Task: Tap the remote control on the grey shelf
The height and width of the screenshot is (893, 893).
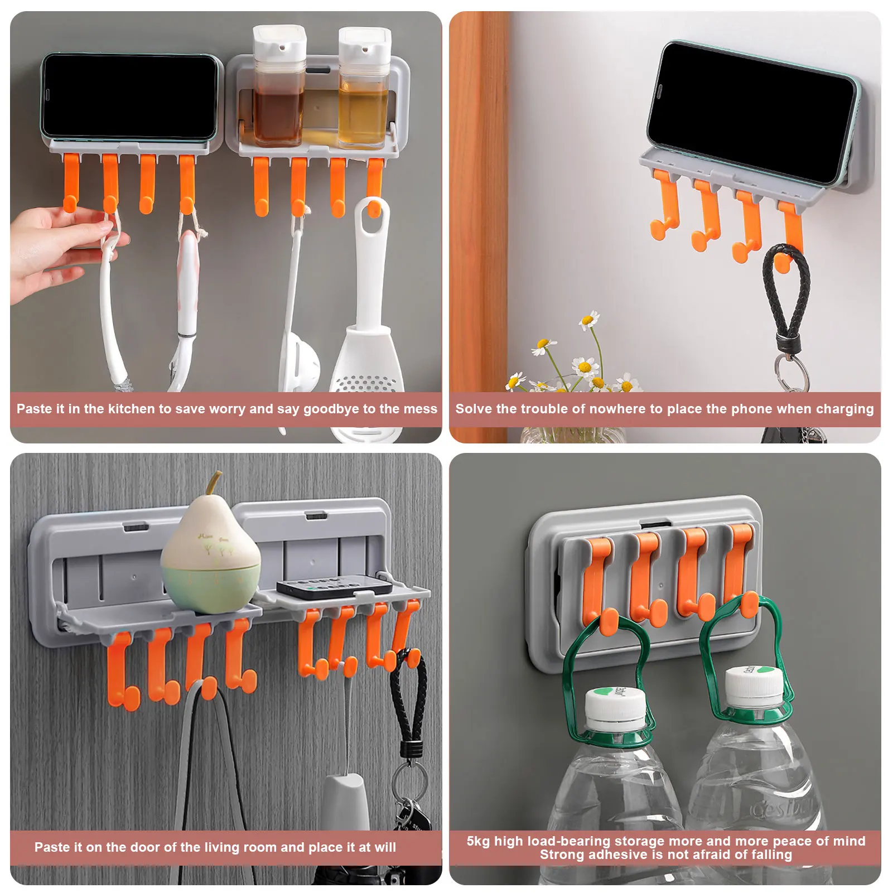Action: [335, 587]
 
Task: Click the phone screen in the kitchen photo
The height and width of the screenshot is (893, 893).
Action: [129, 98]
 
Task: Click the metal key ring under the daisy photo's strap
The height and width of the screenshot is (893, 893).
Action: [790, 370]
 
